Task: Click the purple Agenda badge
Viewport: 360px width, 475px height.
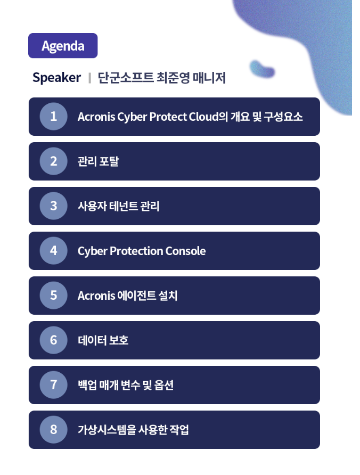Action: click(63, 45)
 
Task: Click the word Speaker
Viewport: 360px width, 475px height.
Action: click(56, 78)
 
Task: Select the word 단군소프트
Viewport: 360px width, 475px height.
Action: click(126, 78)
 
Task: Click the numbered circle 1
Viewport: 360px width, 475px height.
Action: click(53, 116)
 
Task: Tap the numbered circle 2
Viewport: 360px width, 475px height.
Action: click(53, 161)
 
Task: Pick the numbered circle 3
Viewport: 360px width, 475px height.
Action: click(53, 206)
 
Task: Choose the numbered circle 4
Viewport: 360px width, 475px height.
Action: click(53, 250)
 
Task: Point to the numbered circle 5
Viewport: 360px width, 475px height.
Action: click(53, 296)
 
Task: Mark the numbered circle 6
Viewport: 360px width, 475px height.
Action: click(53, 340)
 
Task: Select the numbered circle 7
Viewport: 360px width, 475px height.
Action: click(53, 384)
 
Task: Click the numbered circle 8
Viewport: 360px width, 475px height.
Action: click(53, 430)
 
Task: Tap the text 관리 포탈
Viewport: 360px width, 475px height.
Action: click(98, 161)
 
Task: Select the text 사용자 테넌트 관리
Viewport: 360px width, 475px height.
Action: click(118, 206)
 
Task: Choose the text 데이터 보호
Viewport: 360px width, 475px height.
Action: click(103, 340)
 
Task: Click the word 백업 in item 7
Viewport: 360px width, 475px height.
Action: click(87, 385)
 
